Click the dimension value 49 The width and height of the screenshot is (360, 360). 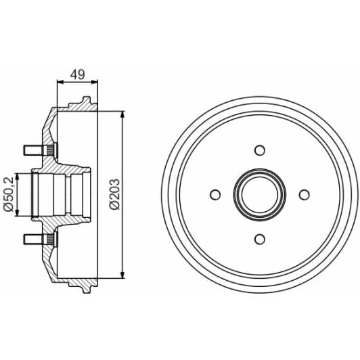point(76,75)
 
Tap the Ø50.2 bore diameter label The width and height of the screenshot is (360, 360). point(9,194)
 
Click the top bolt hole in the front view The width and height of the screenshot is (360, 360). point(258,151)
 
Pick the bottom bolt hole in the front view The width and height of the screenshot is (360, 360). point(258,238)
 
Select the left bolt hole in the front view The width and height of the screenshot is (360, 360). point(215,195)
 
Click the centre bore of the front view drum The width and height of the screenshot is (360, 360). point(258,195)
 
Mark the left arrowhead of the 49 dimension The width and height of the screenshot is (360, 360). point(58,83)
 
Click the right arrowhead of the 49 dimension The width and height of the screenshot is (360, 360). point(95,83)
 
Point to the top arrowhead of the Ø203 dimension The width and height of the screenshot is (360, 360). point(122,116)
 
